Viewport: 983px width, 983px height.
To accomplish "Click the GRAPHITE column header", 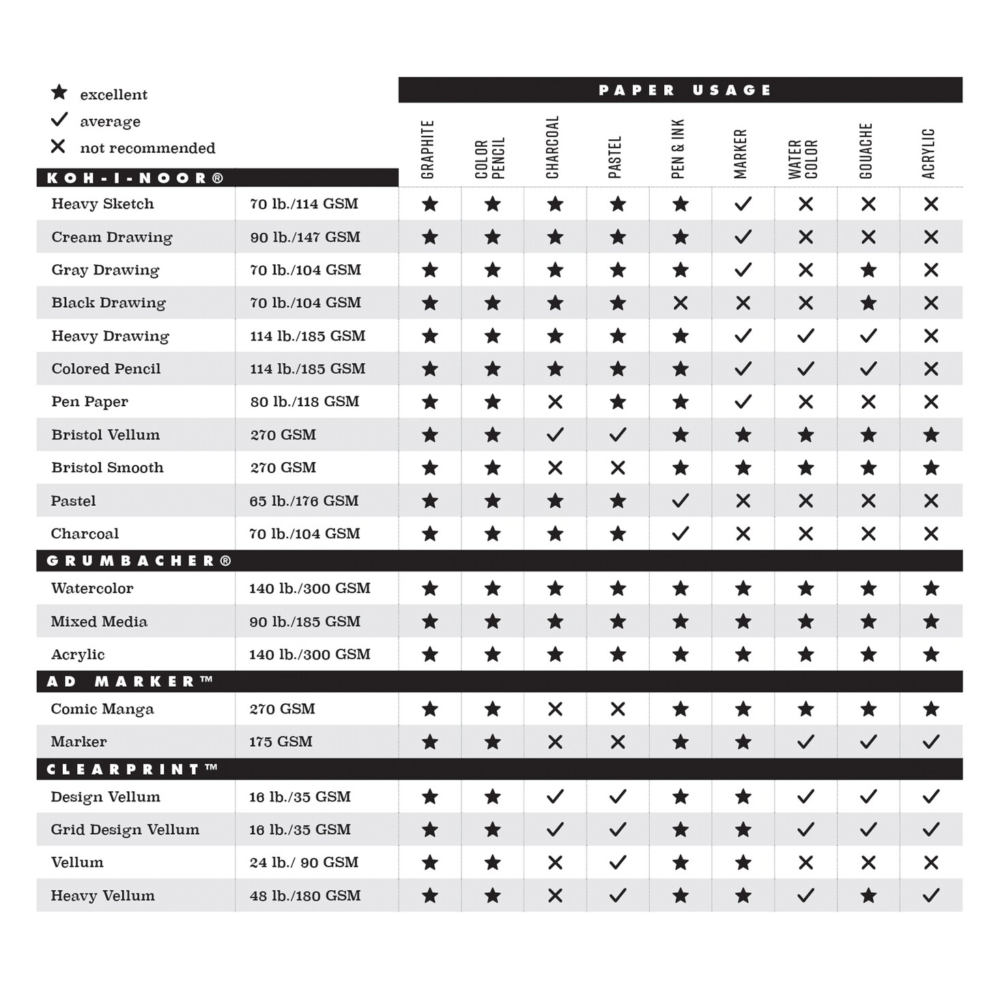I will [x=428, y=149].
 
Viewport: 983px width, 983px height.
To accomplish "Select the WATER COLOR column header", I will [x=803, y=158].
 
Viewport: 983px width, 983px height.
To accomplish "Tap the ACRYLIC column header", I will [x=928, y=154].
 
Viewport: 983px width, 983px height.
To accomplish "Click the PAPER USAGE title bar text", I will [x=685, y=90].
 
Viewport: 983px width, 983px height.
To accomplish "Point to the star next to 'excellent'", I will [x=59, y=92].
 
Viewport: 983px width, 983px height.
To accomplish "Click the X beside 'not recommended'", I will [x=59, y=147].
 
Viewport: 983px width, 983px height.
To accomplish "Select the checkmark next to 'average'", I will [x=59, y=120].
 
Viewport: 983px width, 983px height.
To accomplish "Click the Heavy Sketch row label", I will [x=102, y=203].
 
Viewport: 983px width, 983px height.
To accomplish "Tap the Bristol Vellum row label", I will [x=105, y=435].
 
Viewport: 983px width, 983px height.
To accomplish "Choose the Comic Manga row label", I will [x=102, y=709].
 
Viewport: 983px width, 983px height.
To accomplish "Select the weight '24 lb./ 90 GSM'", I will [x=304, y=862].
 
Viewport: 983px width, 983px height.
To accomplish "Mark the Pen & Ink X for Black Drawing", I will [x=681, y=303].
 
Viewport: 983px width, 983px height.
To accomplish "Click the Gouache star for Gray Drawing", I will [x=868, y=270].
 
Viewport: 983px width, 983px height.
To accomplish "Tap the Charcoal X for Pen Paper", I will [x=555, y=402].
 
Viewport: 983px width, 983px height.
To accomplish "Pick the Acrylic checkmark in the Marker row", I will [x=931, y=742].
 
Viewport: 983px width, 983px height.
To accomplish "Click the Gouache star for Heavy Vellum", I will [x=868, y=896].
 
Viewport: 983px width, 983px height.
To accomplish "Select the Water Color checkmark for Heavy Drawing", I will [x=806, y=336].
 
